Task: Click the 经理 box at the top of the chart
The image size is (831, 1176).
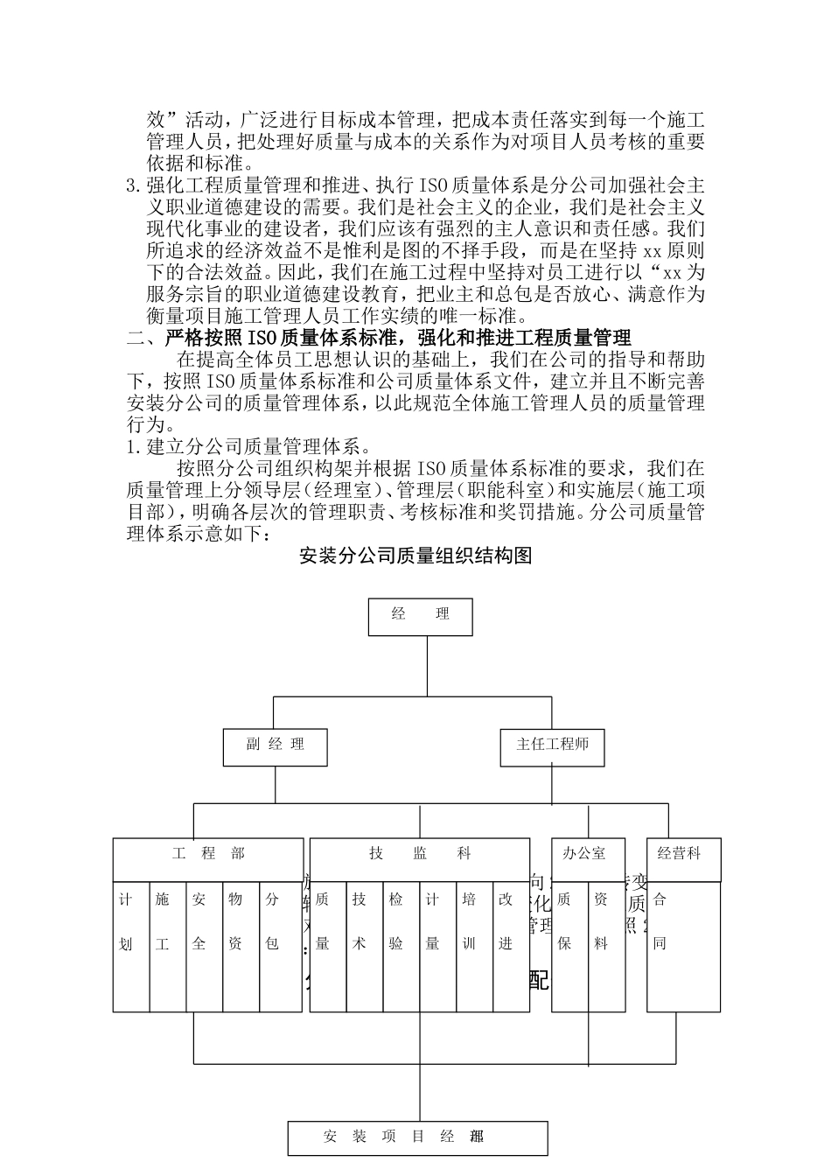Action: pyautogui.click(x=420, y=616)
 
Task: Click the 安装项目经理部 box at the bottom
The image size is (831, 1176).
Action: pyautogui.click(x=418, y=1137)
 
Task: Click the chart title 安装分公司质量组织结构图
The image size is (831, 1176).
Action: pyautogui.click(x=415, y=556)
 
